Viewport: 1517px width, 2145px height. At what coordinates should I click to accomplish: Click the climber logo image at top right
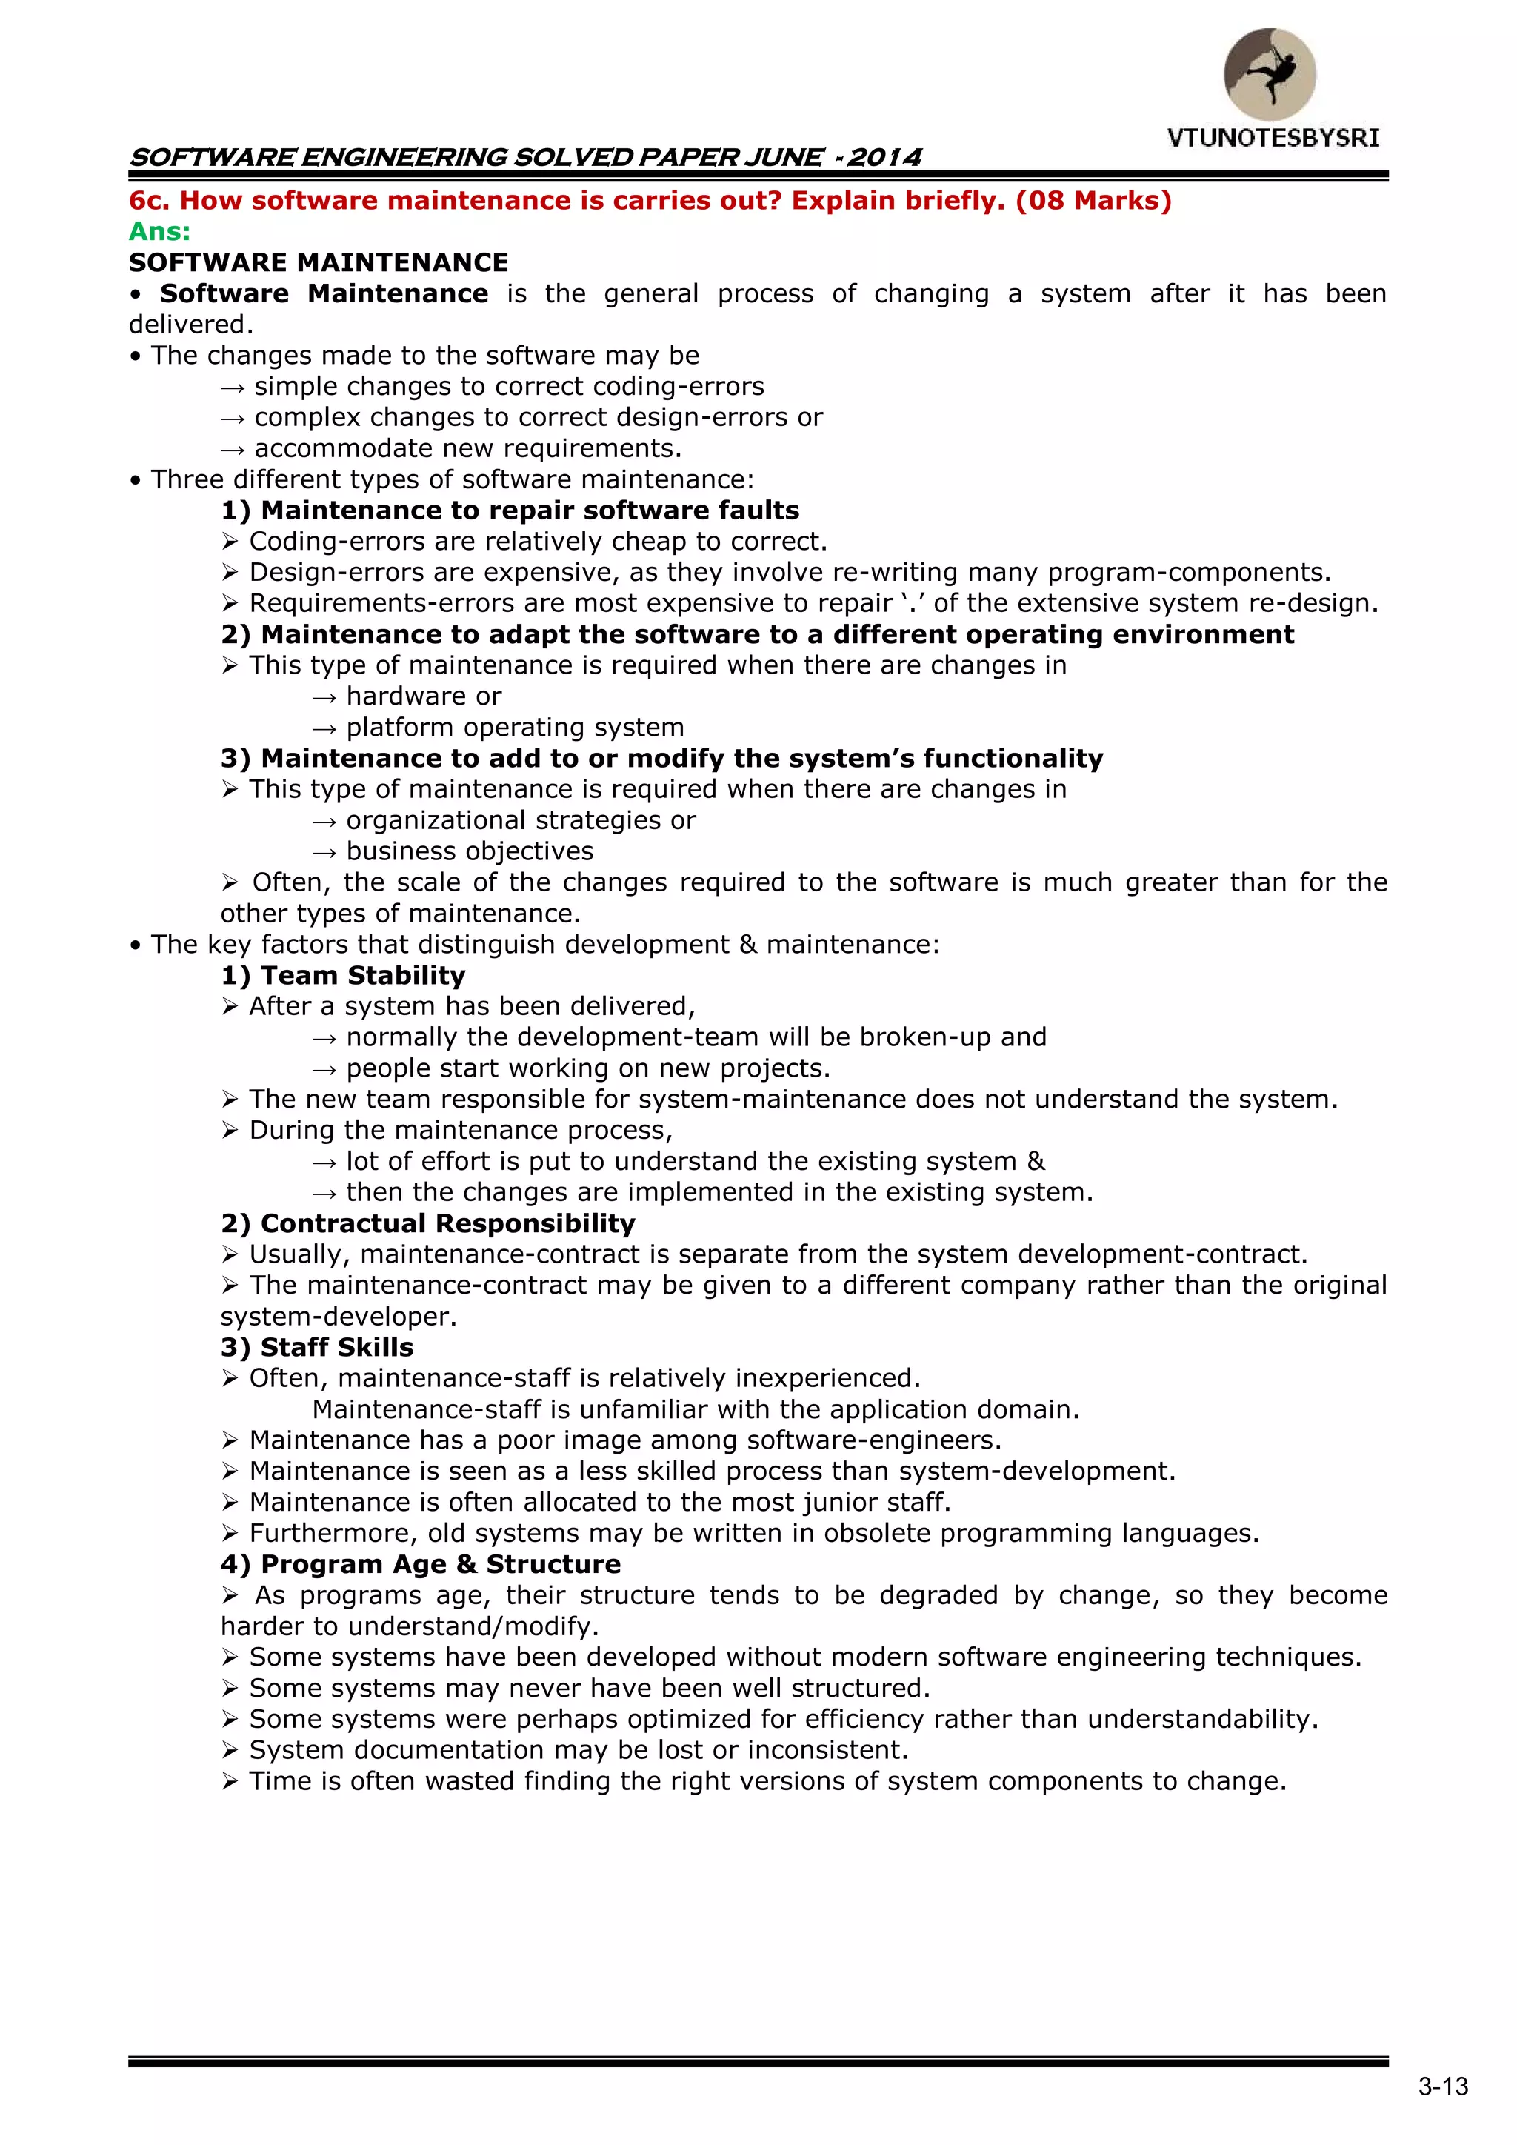tap(1270, 74)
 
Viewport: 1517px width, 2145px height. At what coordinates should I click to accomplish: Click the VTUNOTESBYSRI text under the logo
tap(1273, 139)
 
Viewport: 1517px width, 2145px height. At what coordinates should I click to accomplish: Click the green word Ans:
tap(159, 232)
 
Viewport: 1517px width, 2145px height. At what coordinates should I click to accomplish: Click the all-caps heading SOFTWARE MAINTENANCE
tap(319, 262)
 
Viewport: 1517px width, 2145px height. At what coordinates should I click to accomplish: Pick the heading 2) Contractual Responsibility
tap(428, 1223)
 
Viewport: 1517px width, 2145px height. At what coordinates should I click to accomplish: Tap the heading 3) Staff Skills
tap(317, 1347)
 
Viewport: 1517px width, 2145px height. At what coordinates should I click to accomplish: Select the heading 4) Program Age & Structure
tap(420, 1564)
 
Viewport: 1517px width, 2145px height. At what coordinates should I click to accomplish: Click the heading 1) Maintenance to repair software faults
tap(510, 510)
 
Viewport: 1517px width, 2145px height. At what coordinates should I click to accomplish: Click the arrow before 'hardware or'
tap(324, 697)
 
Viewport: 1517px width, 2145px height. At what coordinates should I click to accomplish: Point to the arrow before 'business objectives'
tap(324, 852)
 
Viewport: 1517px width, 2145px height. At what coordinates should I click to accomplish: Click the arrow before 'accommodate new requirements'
tap(233, 449)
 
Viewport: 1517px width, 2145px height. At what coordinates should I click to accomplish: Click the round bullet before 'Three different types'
tap(136, 481)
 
